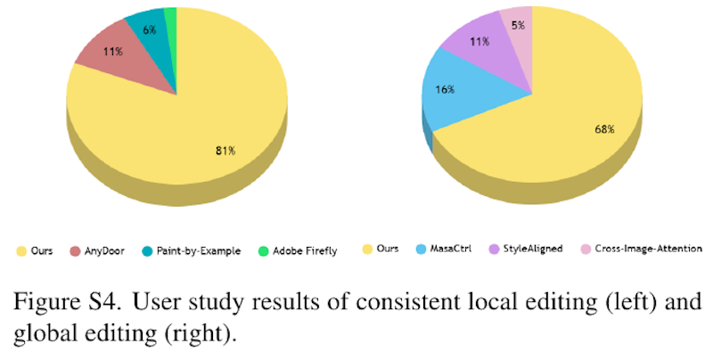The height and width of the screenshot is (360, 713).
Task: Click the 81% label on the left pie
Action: [x=224, y=151]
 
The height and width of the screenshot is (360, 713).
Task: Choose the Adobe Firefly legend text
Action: [x=304, y=250]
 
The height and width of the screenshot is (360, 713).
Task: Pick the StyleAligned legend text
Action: [x=534, y=250]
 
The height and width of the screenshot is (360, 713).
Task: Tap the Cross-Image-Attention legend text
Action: [x=642, y=250]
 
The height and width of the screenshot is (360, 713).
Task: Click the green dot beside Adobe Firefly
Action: [x=264, y=250]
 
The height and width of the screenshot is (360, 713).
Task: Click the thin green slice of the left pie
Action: [x=171, y=14]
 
